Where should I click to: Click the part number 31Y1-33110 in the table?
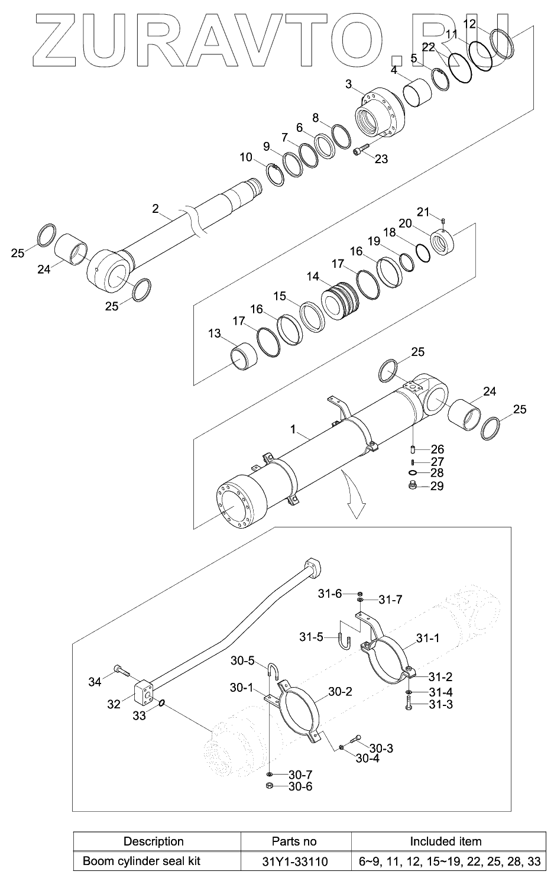[294, 861]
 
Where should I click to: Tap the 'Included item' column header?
[445, 841]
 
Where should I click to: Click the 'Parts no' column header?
[294, 841]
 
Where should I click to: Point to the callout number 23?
[381, 159]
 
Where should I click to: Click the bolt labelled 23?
[361, 149]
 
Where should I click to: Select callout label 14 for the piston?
[313, 277]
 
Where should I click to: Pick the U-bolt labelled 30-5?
[273, 672]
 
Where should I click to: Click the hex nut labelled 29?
[413, 485]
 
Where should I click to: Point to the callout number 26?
[437, 449]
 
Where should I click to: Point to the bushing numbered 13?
[244, 356]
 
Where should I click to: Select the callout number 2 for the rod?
[155, 209]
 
